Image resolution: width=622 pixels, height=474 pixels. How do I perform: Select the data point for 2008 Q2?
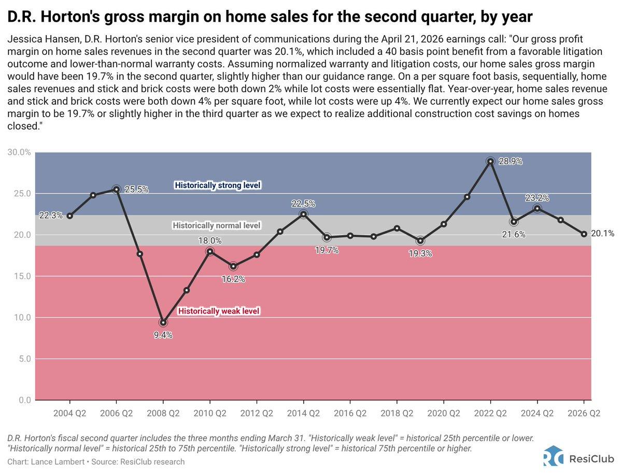click(163, 322)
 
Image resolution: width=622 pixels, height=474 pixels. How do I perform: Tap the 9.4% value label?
click(163, 335)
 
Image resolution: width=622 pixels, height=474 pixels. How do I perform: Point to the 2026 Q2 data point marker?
click(584, 234)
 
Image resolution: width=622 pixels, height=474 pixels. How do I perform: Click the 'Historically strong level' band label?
click(218, 185)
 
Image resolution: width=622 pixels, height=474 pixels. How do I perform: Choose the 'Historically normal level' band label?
click(217, 226)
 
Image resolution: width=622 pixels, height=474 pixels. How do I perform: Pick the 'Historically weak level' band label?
click(219, 311)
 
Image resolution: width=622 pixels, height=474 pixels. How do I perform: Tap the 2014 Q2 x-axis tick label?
click(303, 413)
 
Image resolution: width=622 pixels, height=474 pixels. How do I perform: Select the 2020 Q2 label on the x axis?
click(444, 413)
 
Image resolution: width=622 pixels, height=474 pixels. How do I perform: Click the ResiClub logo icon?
click(553, 458)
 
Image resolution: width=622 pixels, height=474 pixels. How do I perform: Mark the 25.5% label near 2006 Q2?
click(135, 190)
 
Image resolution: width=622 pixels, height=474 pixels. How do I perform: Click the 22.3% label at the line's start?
click(50, 216)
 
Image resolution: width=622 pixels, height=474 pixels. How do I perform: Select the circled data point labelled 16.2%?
click(233, 266)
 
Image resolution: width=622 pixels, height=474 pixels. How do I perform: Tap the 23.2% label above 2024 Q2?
click(537, 198)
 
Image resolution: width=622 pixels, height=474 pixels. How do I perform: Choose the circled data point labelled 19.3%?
click(420, 240)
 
